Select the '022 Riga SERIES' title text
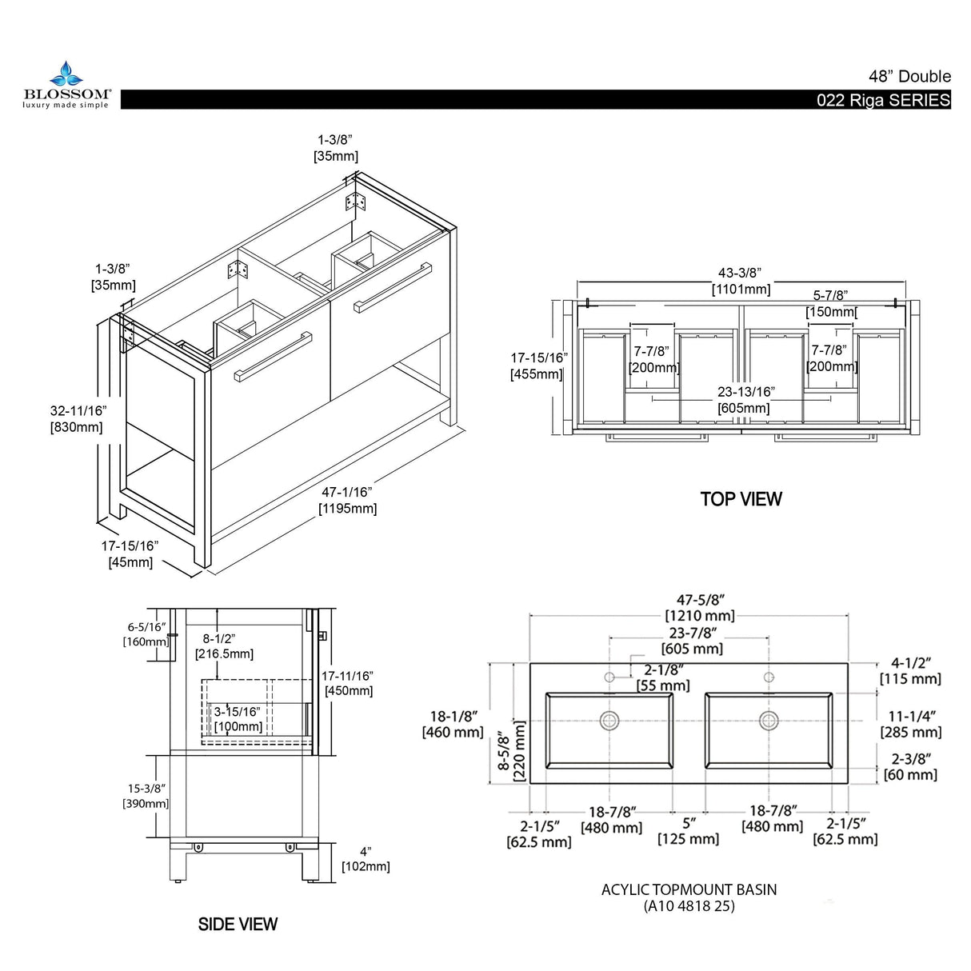883,101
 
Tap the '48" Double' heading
909,77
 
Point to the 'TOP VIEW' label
741,499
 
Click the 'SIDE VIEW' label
238,925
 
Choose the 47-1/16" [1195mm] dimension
347,501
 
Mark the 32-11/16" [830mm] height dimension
78,419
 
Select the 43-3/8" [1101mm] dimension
741,281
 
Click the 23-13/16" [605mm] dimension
745,400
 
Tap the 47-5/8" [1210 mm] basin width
700,608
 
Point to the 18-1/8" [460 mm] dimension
453,725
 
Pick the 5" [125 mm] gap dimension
688,831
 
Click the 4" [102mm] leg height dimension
366,859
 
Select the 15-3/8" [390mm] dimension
146,796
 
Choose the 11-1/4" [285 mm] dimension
911,725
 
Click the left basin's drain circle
609,720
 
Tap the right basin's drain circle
769,720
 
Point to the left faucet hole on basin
609,677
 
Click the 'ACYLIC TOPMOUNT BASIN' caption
689,889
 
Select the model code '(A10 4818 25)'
689,906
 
